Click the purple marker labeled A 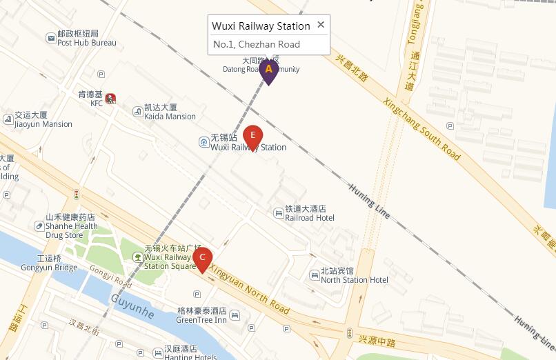[x=269, y=70]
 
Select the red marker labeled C [x=202, y=259]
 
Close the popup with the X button [x=321, y=25]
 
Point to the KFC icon [x=110, y=99]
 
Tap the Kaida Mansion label [x=170, y=117]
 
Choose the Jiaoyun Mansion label [x=43, y=124]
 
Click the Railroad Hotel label [x=310, y=218]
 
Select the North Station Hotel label [x=354, y=279]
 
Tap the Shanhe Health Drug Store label [x=71, y=230]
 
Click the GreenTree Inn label [x=201, y=320]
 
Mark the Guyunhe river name [x=132, y=305]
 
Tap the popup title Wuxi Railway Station [x=261, y=26]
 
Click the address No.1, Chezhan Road [x=256, y=44]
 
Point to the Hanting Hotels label [x=190, y=357]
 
